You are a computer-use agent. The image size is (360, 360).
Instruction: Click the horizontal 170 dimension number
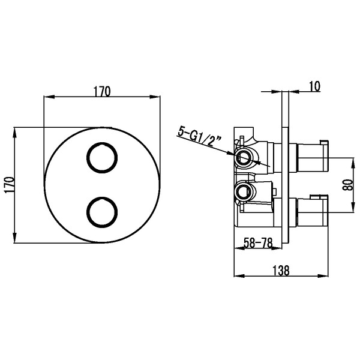(102, 91)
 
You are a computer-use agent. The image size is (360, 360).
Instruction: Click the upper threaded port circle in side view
(243, 158)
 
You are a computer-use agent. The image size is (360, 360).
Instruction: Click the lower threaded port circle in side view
(243, 193)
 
